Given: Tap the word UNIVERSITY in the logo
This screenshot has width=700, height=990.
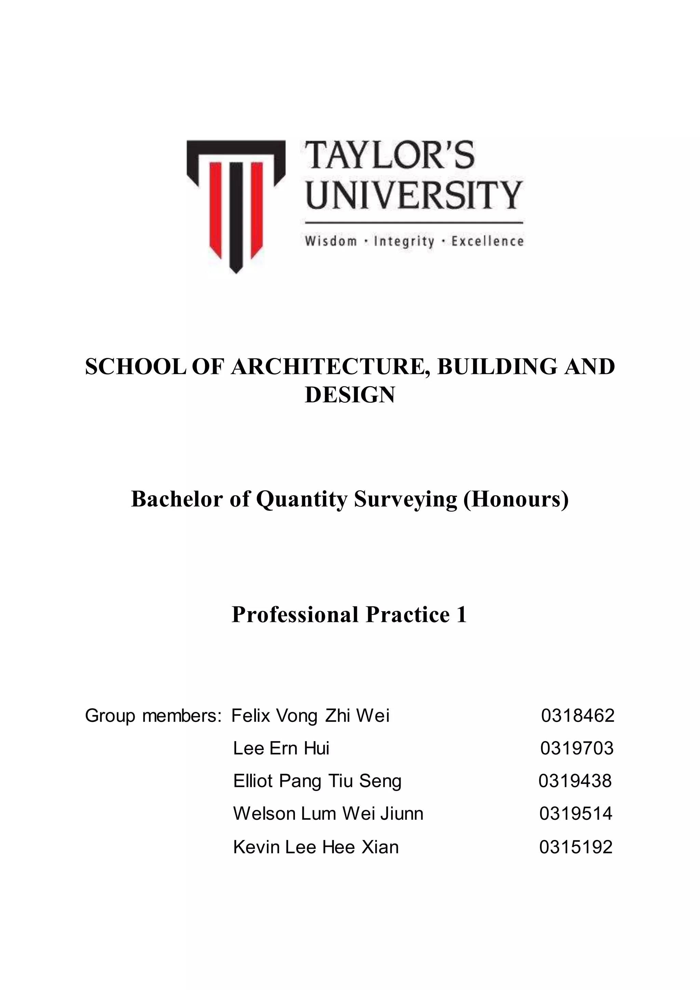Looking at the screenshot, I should (x=414, y=195).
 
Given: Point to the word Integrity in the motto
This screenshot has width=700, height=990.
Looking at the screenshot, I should (x=404, y=241).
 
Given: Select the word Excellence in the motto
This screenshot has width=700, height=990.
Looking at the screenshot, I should (x=487, y=241).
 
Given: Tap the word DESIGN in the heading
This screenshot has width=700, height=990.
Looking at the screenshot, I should (x=350, y=395).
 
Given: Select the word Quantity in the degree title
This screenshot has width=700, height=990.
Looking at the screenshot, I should (x=301, y=499).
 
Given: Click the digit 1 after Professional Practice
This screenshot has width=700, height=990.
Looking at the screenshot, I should (x=462, y=615).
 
